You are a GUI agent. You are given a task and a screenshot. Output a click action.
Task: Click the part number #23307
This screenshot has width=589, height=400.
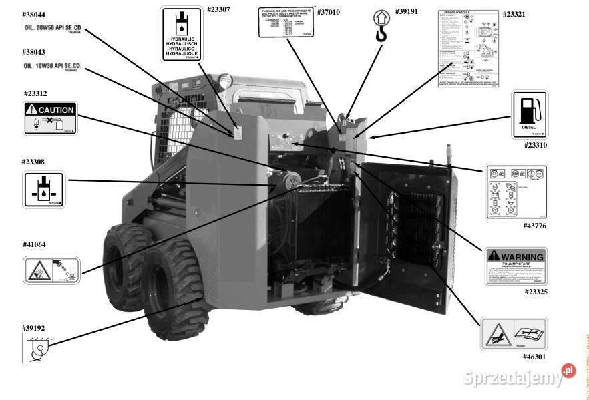click(x=219, y=10)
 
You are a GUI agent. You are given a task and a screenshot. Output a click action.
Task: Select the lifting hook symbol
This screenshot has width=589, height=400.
click(x=381, y=26)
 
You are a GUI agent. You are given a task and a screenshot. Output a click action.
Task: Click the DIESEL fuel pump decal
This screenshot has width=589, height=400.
click(x=530, y=115)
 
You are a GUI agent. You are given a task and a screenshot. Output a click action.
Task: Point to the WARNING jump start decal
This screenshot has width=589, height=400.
click(x=516, y=266)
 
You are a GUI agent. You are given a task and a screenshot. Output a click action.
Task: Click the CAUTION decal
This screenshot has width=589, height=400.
click(x=50, y=118)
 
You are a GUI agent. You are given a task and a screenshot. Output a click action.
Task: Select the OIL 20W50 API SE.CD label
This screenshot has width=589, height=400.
click(x=52, y=29)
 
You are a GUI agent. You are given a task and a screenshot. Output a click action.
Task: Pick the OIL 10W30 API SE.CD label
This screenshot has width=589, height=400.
click(x=52, y=67)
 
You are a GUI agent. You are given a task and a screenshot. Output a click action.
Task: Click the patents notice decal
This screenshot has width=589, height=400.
click(x=285, y=22)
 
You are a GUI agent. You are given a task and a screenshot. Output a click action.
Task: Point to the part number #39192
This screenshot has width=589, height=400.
click(x=33, y=328)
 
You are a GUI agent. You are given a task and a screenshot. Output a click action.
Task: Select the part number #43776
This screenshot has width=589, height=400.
click(x=534, y=226)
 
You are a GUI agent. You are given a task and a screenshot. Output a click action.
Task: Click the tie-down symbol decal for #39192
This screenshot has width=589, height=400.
click(x=37, y=349)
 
